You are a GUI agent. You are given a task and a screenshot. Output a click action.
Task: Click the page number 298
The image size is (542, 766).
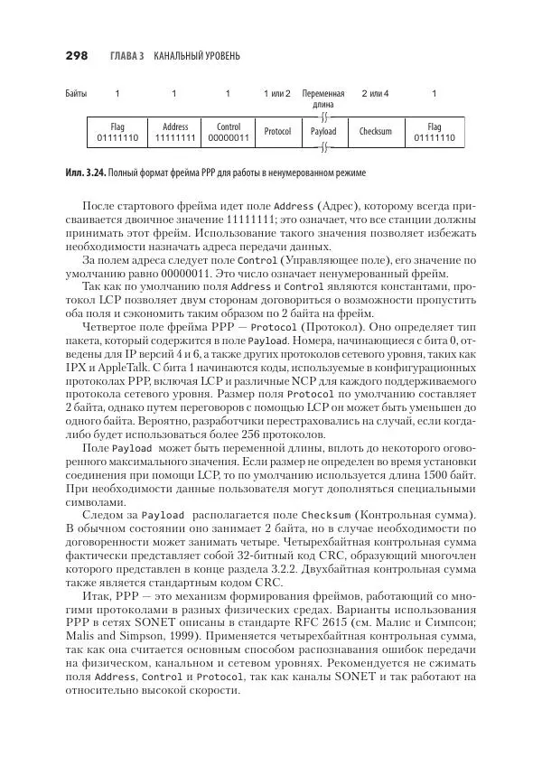coord(76,56)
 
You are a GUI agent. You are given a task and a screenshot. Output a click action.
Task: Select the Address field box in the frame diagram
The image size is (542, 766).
coord(174,133)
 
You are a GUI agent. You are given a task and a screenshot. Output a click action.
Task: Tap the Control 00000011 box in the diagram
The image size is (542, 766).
coord(228,133)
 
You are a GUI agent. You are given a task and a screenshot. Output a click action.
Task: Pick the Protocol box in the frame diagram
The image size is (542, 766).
coord(277,133)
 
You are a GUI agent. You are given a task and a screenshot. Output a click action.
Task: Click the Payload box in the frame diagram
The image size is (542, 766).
coord(323,133)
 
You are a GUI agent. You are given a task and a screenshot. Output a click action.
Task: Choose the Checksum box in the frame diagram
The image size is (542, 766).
coord(375,133)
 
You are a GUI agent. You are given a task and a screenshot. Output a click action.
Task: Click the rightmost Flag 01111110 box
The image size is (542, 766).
coord(435,133)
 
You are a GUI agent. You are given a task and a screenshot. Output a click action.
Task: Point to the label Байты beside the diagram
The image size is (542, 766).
coord(76,94)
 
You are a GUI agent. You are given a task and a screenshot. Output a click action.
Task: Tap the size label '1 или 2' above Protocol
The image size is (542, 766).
coord(277,94)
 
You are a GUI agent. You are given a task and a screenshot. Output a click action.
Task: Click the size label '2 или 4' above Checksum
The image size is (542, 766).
coord(375,94)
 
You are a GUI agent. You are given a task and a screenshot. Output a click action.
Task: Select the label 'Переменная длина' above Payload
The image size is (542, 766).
coord(323,98)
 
